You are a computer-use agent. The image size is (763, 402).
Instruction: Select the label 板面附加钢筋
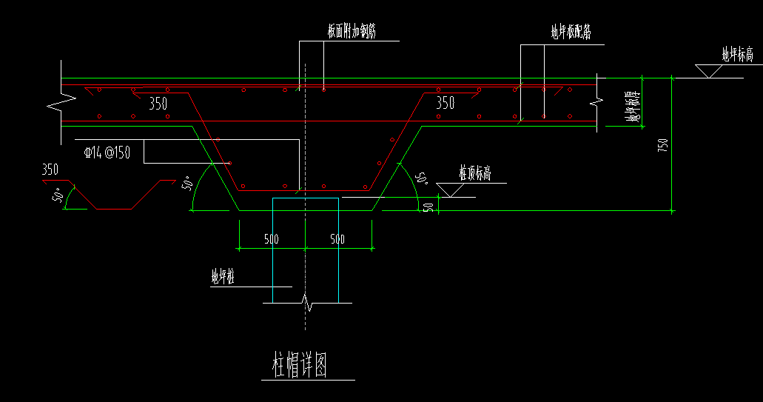point(352,32)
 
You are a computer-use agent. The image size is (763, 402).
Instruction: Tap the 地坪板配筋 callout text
point(570,32)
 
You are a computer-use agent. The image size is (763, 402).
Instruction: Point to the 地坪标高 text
point(737,54)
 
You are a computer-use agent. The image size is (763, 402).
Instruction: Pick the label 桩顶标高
point(475,173)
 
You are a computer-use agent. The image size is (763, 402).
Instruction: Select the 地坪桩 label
point(223,278)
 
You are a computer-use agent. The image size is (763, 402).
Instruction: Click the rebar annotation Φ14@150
point(107,153)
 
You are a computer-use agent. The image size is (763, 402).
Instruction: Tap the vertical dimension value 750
point(663,145)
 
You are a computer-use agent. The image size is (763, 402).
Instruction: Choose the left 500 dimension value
point(271,239)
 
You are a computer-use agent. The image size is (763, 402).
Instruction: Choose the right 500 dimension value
point(337,239)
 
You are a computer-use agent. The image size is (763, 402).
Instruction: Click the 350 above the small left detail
point(50,170)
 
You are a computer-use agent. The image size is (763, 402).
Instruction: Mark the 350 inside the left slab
point(158,104)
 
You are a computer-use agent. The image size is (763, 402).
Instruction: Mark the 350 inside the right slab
point(445,104)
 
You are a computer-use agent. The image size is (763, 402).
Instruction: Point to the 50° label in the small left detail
point(57,195)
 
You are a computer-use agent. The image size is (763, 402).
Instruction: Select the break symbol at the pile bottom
point(306,303)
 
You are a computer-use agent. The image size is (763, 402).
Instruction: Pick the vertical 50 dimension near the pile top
point(428,206)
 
